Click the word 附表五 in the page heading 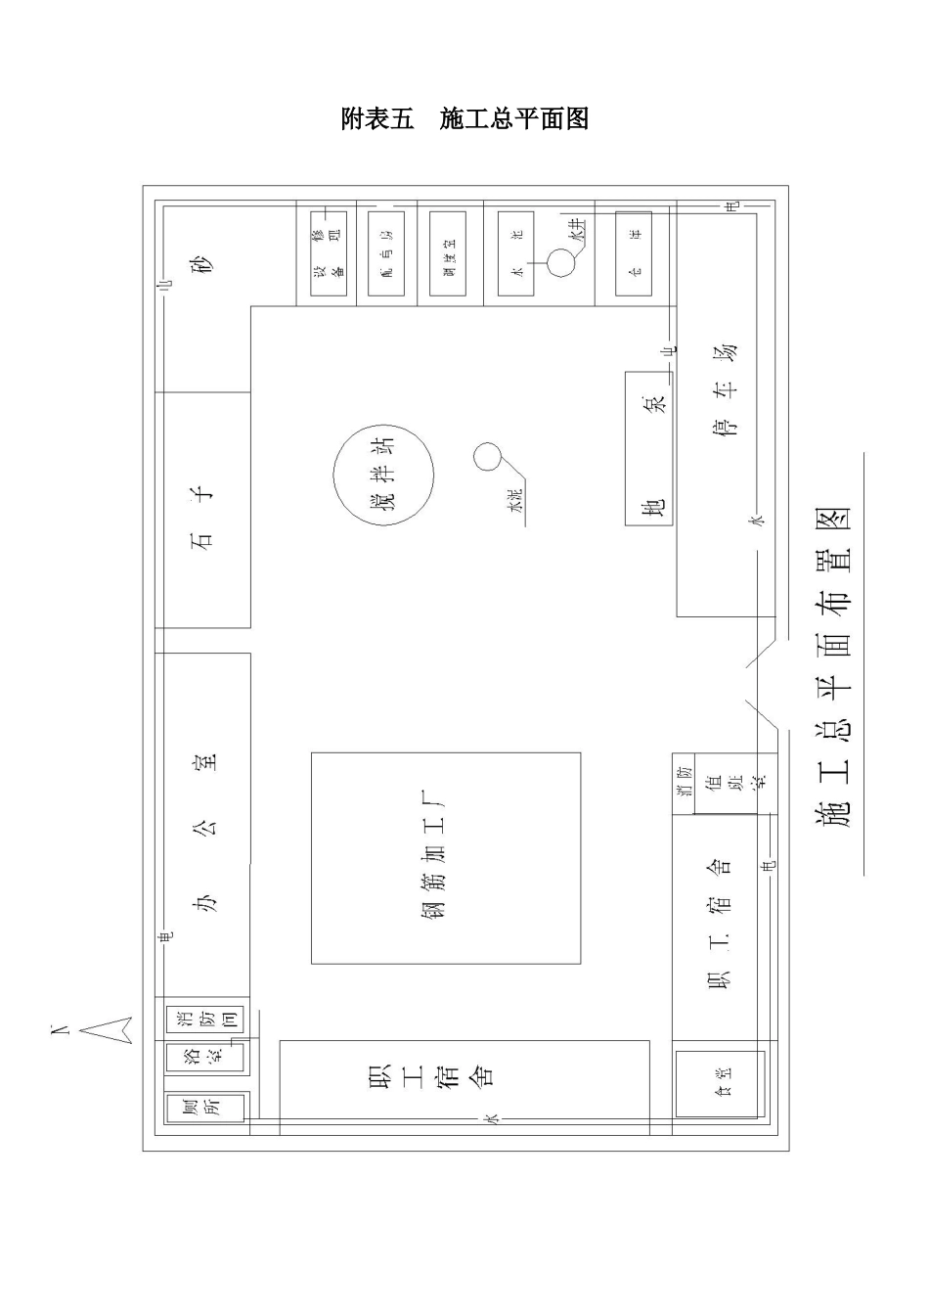377,119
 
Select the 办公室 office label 204,832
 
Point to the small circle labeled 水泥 487,456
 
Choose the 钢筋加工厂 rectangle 446,858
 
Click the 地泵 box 649,448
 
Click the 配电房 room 385,253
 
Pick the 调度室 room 448,253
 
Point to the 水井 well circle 562,262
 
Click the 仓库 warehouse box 634,253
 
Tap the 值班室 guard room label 736,783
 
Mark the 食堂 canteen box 719,1083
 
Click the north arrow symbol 105,1029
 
